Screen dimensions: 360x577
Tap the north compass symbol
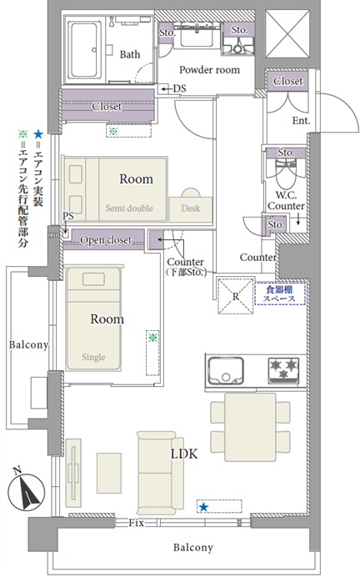[x=26, y=490]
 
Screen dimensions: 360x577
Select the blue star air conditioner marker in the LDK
[x=203, y=508]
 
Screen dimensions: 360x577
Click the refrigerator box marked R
[x=235, y=296]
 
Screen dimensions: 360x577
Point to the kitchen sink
[x=226, y=370]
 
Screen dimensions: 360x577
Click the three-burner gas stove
[x=283, y=369]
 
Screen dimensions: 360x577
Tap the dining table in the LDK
[x=250, y=427]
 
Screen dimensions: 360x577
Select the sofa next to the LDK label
[x=160, y=473]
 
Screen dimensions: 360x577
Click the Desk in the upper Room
[x=191, y=209]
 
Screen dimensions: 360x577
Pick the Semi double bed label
[x=129, y=208]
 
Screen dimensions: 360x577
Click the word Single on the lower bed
[x=93, y=357]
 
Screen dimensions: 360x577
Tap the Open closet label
[x=106, y=240]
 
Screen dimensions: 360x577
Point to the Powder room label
[x=209, y=69]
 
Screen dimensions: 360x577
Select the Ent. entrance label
[x=301, y=120]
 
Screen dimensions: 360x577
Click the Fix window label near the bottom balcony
[x=136, y=523]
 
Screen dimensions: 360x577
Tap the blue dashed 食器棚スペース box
[x=280, y=294]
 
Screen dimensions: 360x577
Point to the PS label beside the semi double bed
[x=68, y=216]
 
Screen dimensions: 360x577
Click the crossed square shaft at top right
[x=287, y=34]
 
